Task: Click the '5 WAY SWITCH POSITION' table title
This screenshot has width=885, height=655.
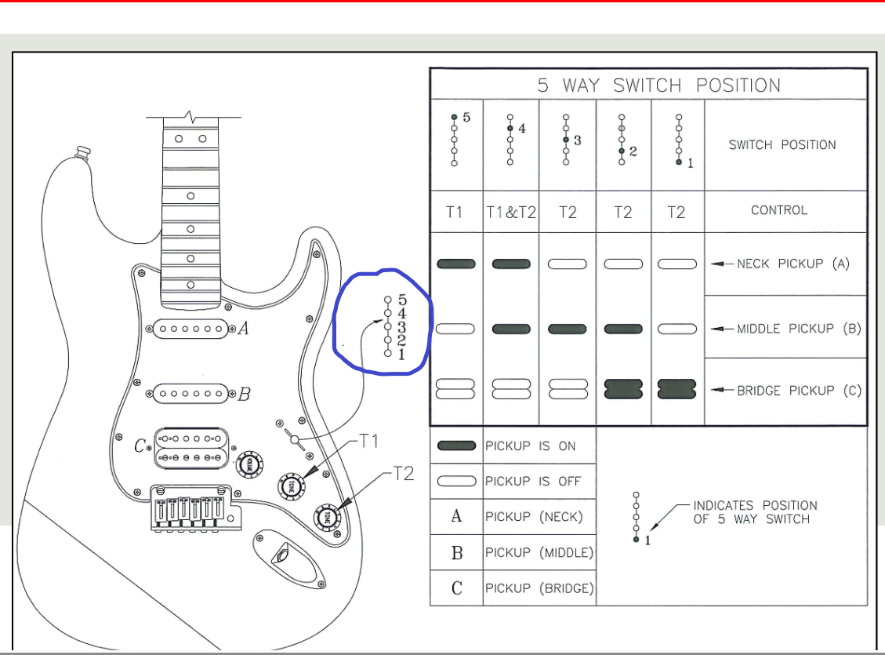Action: point(658,86)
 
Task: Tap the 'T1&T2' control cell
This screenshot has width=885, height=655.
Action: point(510,213)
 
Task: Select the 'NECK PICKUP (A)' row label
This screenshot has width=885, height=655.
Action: point(793,264)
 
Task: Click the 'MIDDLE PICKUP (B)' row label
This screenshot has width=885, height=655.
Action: point(799,329)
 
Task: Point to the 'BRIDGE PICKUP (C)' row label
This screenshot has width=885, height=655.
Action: point(799,390)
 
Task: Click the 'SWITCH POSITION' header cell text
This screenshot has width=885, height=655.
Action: point(782,145)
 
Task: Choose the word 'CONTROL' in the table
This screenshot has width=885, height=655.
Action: point(778,210)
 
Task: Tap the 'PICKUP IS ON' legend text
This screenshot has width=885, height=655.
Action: point(530,446)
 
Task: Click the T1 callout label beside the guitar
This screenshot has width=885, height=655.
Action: point(368,441)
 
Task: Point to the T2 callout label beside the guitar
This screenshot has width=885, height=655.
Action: point(403,474)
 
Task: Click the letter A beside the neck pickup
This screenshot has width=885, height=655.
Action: point(243,329)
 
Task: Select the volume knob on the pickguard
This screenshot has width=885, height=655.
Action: point(248,463)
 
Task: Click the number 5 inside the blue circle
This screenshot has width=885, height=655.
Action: point(402,299)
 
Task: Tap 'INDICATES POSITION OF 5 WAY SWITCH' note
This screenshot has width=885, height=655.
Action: point(755,512)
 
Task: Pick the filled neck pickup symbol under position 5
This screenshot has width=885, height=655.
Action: point(455,264)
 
